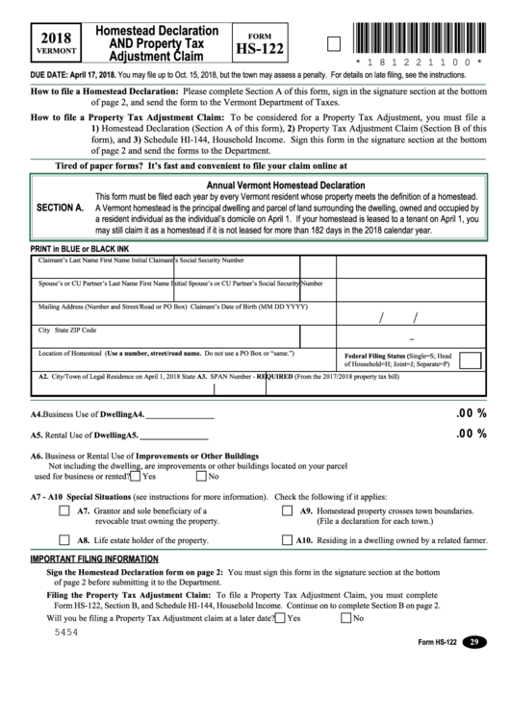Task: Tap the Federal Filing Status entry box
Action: [x=470, y=360]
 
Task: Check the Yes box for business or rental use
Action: [x=136, y=475]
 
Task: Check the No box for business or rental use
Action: [x=201, y=475]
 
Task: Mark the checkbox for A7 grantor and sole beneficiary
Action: [x=64, y=511]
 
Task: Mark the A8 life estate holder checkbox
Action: [x=64, y=540]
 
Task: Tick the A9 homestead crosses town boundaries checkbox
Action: [x=287, y=511]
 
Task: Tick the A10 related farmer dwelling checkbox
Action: [x=287, y=540]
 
